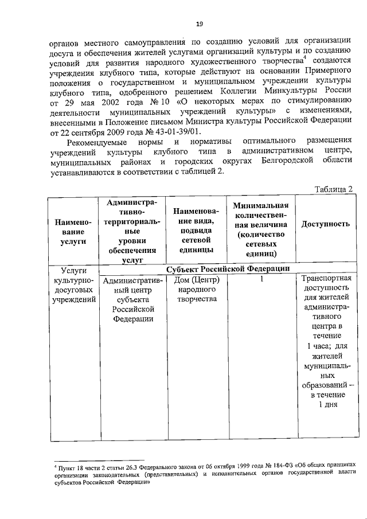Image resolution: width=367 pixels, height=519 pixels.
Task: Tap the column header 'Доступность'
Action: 325,224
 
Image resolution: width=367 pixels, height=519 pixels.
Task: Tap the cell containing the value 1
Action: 261,280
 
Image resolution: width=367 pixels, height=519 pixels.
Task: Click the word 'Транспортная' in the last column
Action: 325,280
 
